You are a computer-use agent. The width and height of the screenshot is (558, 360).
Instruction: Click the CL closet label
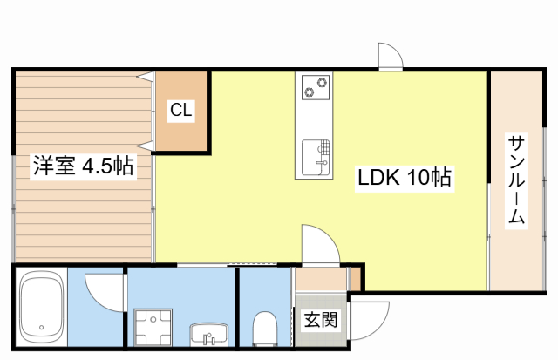pos(181,110)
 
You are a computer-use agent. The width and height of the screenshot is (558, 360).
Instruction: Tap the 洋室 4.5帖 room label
pos(84,166)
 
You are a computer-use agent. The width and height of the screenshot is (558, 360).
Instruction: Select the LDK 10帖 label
pos(405,177)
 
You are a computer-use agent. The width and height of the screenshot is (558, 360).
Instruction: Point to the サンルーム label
pos(516,180)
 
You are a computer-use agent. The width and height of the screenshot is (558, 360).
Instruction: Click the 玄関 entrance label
pos(321,319)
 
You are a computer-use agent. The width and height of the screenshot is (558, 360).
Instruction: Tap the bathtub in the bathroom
pos(42,307)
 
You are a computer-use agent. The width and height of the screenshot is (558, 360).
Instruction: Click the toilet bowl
pos(265,329)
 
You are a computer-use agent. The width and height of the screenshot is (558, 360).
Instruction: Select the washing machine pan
pos(153,327)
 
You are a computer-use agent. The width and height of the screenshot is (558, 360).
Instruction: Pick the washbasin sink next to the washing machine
pos(209,335)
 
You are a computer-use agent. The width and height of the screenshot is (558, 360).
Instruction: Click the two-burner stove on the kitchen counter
pos(316,87)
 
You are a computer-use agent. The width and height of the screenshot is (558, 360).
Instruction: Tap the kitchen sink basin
pos(316,158)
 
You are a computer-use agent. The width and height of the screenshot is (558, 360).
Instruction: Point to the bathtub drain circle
pos(42,327)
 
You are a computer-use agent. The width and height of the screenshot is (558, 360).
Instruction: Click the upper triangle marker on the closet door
pos(146,77)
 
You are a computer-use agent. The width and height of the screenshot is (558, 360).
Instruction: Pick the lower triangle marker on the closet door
pos(146,146)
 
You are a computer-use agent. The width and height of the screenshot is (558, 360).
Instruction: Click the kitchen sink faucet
pos(323,163)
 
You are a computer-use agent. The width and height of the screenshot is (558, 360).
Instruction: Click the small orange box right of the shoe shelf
pos(356,279)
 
